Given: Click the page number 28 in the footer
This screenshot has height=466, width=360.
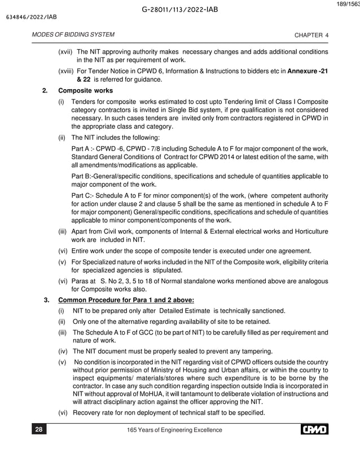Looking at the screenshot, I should point(39,430).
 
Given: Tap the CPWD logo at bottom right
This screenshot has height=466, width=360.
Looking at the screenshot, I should point(314,430).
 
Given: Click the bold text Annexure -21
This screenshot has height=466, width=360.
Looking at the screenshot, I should point(308,72).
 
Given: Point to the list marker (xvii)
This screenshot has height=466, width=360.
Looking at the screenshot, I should point(65,52).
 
